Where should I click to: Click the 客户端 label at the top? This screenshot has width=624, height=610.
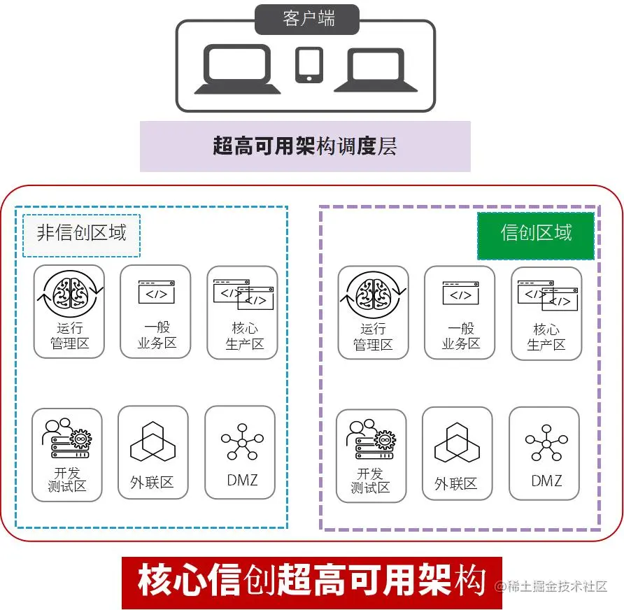click(308, 19)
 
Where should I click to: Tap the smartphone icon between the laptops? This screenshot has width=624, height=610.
click(309, 64)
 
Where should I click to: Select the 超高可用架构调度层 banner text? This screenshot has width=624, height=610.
click(305, 146)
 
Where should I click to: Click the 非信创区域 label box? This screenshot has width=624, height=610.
click(81, 232)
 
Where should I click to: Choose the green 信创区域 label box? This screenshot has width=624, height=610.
click(536, 233)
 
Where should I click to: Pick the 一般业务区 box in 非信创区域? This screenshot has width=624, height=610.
click(155, 311)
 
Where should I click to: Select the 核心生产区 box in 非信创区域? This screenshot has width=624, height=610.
click(243, 311)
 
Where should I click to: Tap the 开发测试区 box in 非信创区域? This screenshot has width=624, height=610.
click(68, 455)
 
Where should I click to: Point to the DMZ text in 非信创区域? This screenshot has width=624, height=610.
click(242, 481)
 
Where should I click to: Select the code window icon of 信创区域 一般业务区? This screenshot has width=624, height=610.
click(460, 292)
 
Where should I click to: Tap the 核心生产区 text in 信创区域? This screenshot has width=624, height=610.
click(546, 337)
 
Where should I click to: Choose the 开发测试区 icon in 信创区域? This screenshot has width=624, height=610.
click(371, 439)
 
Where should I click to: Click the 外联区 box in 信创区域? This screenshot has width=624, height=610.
click(458, 453)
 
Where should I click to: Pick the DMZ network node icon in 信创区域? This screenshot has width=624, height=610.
click(546, 441)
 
